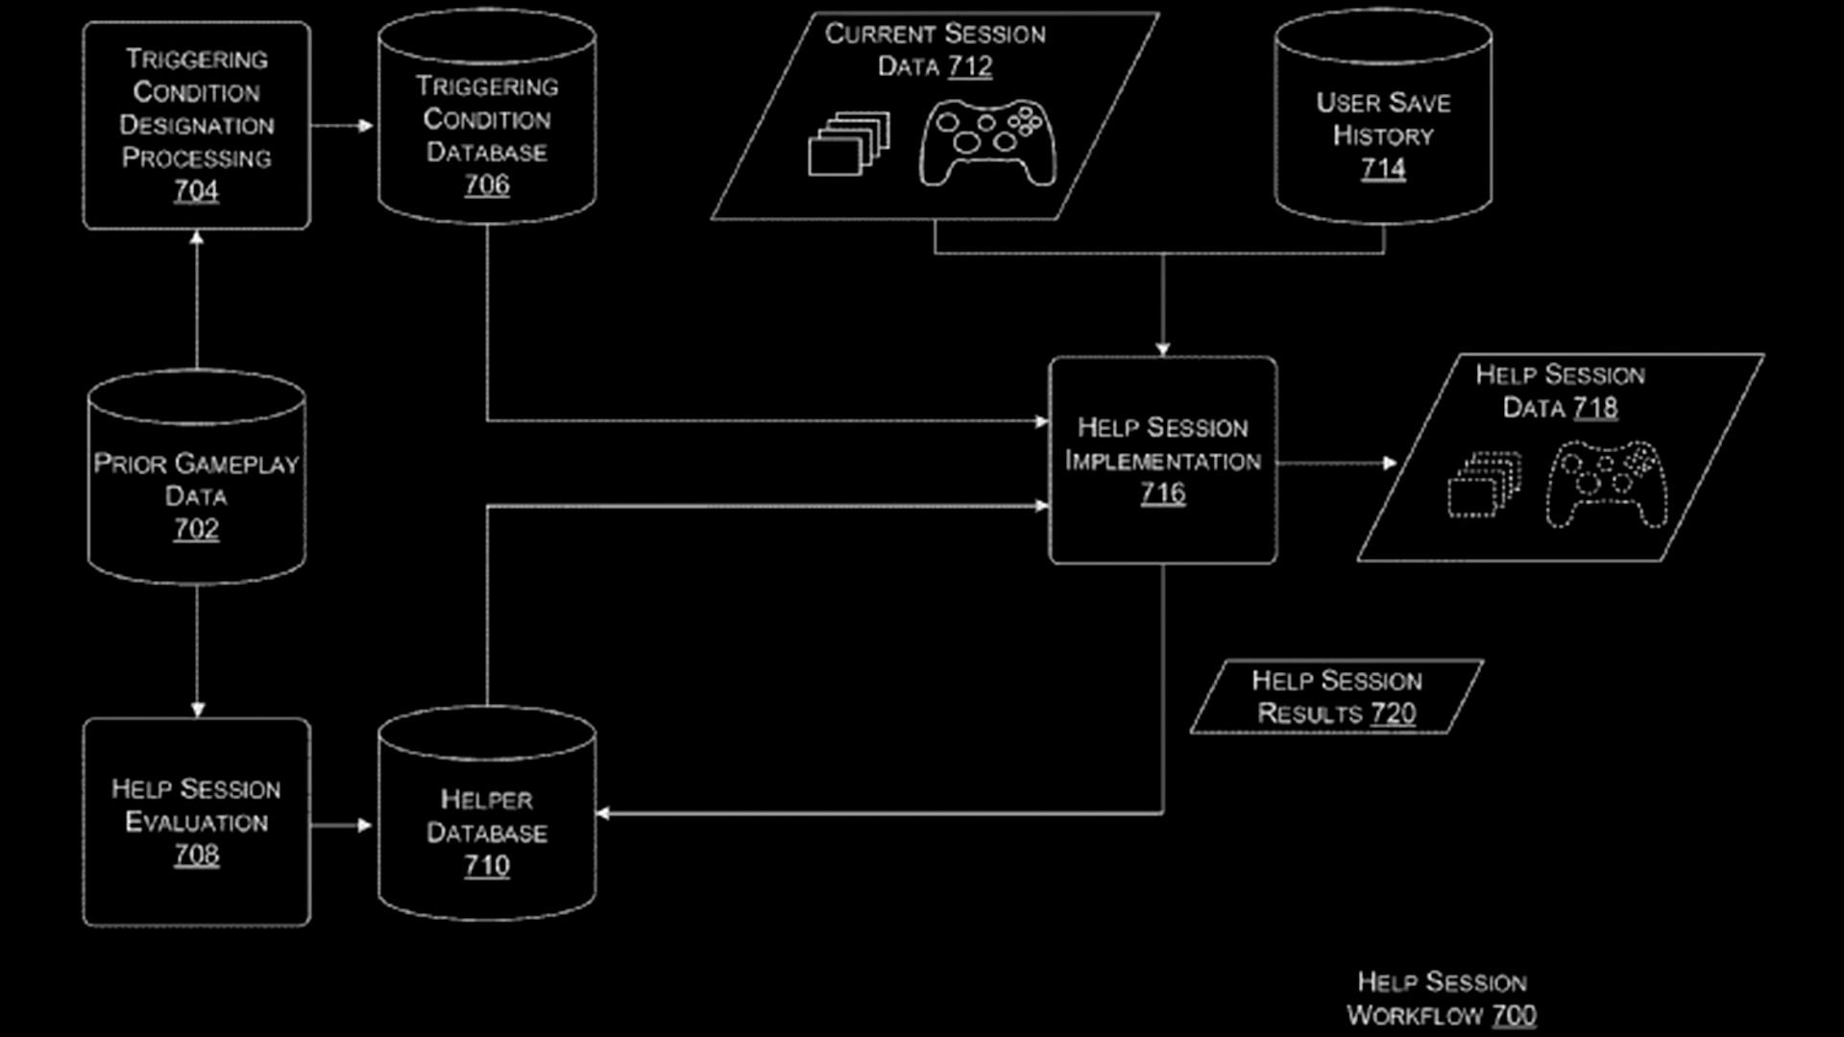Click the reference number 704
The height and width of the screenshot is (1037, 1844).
coord(196,191)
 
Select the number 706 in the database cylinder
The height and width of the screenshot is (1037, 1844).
coord(487,185)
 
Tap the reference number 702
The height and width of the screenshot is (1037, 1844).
coord(196,529)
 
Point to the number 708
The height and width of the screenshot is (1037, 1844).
coord(196,855)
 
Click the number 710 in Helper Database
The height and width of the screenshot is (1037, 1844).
coord(487,866)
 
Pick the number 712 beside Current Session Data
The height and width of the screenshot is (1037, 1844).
coord(970,66)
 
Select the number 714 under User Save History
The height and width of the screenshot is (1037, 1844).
coord(1383,169)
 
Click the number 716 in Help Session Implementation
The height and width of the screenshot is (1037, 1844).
coord(1163,494)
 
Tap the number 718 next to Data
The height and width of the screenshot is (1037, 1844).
coord(1595,408)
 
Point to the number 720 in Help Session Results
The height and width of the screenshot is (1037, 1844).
coord(1394,713)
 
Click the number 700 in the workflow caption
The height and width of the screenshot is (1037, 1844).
coord(1515,1015)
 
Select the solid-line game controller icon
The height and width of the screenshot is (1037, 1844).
coord(987,144)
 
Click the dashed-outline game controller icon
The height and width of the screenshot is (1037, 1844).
coord(1607,485)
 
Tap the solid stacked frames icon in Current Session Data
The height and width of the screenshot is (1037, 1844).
coord(849,144)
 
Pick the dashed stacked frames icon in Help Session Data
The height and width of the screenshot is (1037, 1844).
coord(1485,485)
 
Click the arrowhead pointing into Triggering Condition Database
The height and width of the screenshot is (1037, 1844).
coord(366,126)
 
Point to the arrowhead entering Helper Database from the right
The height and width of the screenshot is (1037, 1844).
coord(602,814)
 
